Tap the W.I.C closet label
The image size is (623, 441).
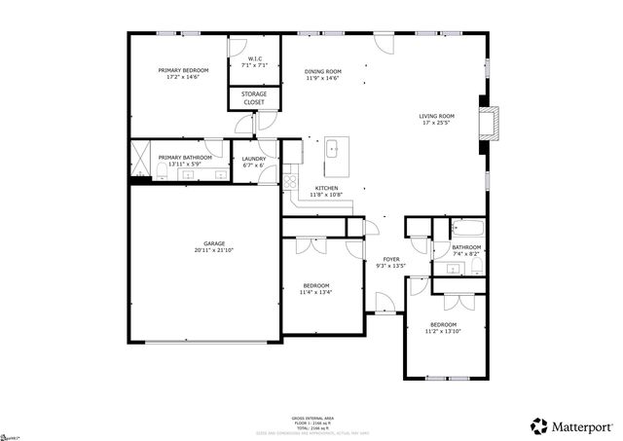pyautogui.click(x=254, y=59)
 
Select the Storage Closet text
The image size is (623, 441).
pyautogui.click(x=254, y=97)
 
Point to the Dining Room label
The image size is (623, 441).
pyautogui.click(x=322, y=71)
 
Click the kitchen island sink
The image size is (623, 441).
pyautogui.click(x=332, y=150)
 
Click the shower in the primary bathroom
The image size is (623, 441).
pyautogui.click(x=140, y=156)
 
